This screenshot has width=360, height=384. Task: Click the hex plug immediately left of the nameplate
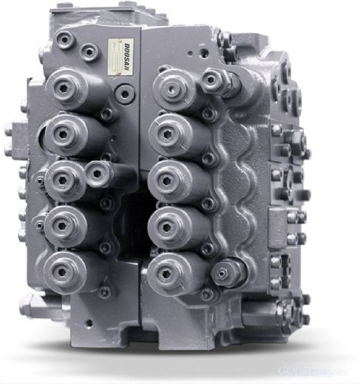pyautogui.click(x=89, y=52)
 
